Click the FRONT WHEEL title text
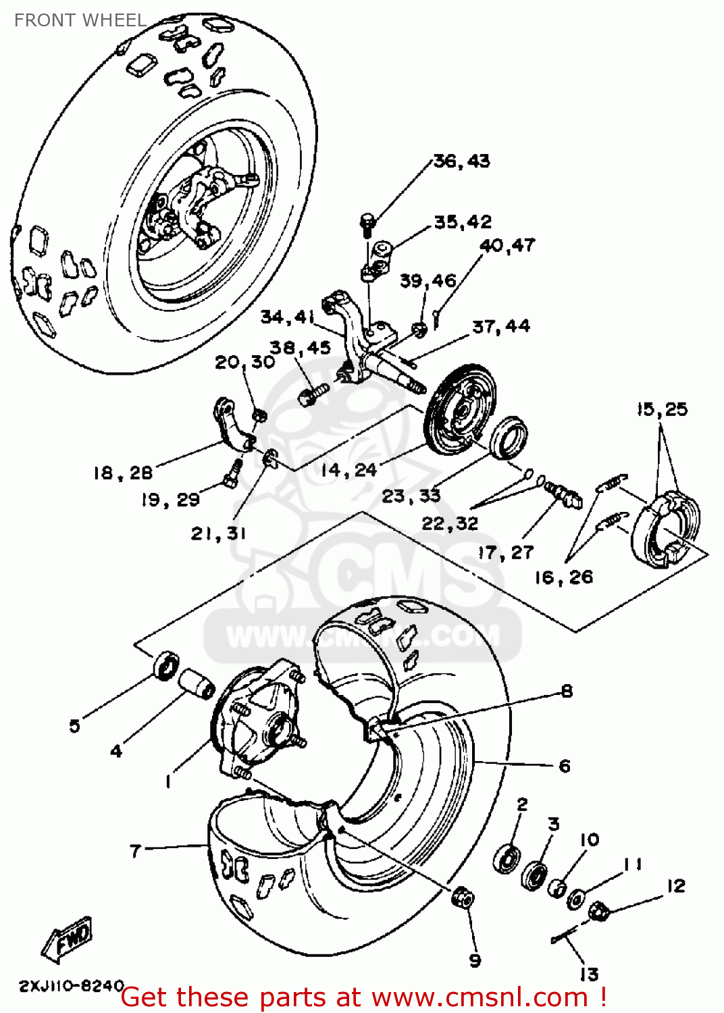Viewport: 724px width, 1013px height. pyautogui.click(x=80, y=20)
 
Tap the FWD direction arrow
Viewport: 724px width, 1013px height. pyautogui.click(x=68, y=939)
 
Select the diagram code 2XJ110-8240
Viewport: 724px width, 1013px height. pyautogui.click(x=71, y=985)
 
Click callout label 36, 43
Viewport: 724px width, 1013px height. pyautogui.click(x=461, y=161)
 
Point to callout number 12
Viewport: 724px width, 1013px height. pyautogui.click(x=675, y=885)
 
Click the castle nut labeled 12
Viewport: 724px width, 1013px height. pyautogui.click(x=598, y=912)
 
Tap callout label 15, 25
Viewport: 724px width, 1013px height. pyautogui.click(x=662, y=409)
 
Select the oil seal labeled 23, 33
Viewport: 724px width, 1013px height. pyautogui.click(x=509, y=438)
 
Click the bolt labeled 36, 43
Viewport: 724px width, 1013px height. pyautogui.click(x=367, y=224)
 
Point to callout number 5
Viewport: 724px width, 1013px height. pyautogui.click(x=74, y=726)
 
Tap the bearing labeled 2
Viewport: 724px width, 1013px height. pyautogui.click(x=507, y=858)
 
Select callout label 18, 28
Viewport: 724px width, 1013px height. pyautogui.click(x=123, y=473)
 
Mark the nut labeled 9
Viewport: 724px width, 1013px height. pyautogui.click(x=463, y=898)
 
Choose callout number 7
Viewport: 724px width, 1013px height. pyautogui.click(x=136, y=850)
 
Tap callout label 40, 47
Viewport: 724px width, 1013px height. pyautogui.click(x=507, y=245)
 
